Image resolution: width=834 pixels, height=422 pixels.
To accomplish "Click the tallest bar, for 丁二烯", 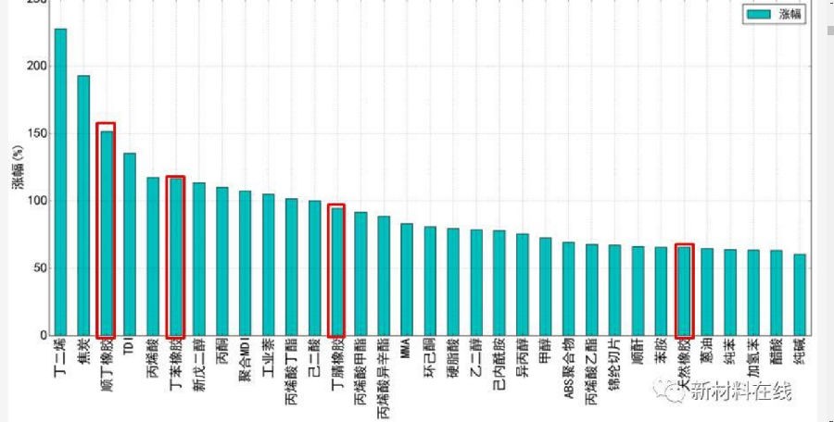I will click(60, 181).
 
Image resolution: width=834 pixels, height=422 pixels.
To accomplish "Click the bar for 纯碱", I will click(800, 294).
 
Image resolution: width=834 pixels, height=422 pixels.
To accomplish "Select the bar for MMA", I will click(407, 279).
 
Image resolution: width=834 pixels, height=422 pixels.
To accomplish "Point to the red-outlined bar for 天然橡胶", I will click(684, 291).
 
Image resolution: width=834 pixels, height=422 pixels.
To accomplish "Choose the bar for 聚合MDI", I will click(245, 263).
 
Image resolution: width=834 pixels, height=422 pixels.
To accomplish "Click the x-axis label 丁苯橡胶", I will click(176, 370).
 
